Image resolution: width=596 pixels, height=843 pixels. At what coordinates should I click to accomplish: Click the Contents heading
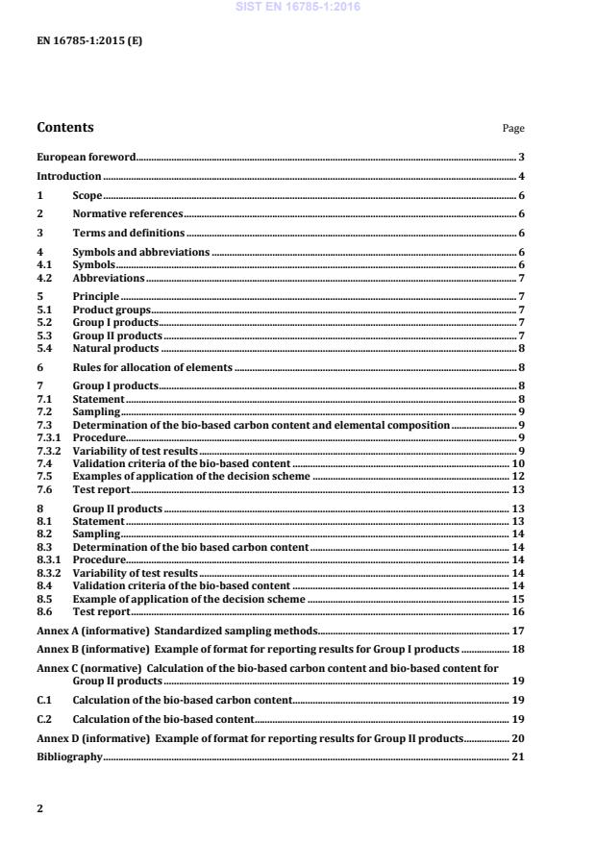click(65, 128)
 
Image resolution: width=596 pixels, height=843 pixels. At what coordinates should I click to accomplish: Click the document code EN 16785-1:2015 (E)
click(89, 41)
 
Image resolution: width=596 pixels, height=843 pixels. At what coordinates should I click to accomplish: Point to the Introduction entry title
click(68, 177)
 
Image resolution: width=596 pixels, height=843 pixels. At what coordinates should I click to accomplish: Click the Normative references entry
click(127, 214)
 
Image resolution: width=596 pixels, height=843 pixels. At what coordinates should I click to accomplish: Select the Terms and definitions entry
click(129, 234)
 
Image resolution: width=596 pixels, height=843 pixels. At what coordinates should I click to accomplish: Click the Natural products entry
click(115, 348)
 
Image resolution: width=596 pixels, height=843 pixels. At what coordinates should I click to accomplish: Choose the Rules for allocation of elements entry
click(152, 368)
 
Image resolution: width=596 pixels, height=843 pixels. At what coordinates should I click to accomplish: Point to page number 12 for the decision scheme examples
click(518, 477)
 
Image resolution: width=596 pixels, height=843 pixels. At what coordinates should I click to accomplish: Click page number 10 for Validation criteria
click(518, 463)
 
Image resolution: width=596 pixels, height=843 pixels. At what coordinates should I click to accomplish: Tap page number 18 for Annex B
click(518, 651)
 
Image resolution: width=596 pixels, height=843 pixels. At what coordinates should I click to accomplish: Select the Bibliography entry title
click(69, 757)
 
